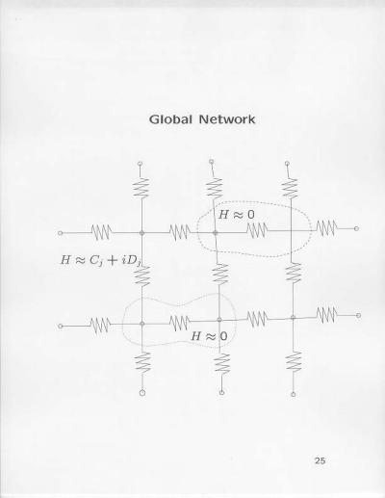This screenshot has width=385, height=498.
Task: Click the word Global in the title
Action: [170, 119]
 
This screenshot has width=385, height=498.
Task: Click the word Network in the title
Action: [227, 119]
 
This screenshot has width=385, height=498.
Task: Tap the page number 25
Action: [320, 460]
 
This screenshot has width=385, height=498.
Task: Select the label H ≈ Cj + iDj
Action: [101, 260]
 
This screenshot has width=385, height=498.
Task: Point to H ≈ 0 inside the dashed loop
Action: [237, 215]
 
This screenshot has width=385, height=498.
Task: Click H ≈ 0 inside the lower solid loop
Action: [209, 336]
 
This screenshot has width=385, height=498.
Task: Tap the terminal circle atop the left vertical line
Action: [140, 164]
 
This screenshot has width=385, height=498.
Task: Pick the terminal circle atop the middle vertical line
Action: [211, 162]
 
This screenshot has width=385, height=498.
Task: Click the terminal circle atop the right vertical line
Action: [287, 164]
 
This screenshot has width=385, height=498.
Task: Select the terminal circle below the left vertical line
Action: [142, 393]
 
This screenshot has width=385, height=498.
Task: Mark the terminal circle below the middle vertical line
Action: [221, 392]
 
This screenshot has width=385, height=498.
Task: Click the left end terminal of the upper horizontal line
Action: [60, 233]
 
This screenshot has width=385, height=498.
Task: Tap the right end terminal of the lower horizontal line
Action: [358, 316]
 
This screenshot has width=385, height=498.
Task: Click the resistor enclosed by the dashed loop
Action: [257, 230]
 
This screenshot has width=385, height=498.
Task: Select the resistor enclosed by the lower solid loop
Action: [180, 323]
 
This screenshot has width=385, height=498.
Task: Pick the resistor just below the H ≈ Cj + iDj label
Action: [142, 276]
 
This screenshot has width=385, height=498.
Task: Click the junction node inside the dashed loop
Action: [216, 233]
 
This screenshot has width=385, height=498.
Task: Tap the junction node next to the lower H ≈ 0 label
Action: [219, 320]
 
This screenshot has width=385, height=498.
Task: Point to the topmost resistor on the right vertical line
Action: [290, 188]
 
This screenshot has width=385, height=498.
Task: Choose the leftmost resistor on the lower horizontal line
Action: [100, 326]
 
